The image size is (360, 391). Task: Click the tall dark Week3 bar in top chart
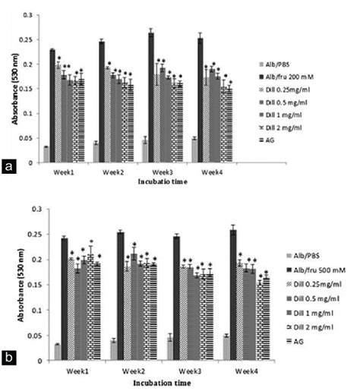[x=151, y=99]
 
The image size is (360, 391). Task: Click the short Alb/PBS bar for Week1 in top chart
[x=46, y=154]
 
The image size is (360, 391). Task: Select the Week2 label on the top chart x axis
[x=112, y=172]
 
